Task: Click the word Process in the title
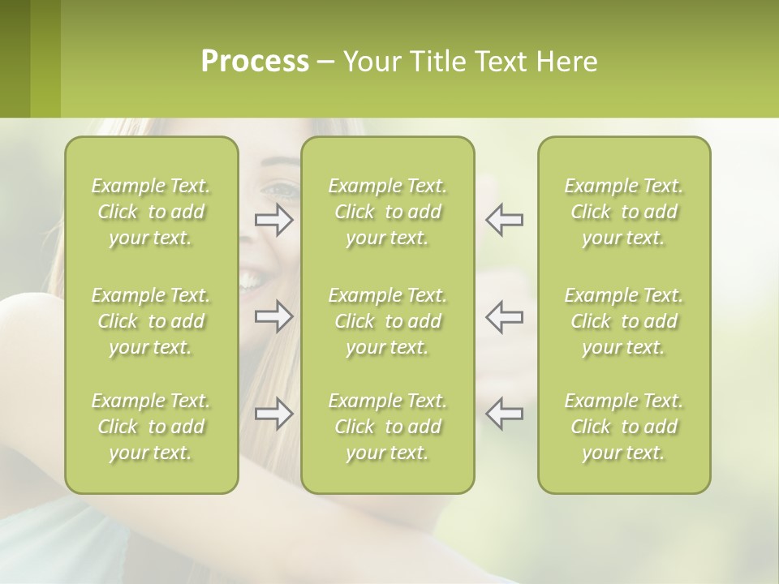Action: [255, 62]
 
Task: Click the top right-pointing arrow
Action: [274, 220]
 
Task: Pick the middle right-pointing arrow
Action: [274, 316]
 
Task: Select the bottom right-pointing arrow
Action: [274, 414]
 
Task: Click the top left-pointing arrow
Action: [504, 220]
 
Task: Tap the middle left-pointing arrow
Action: [504, 316]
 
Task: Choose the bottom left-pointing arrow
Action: [504, 414]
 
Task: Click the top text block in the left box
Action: [151, 212]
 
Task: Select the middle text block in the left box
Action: [151, 321]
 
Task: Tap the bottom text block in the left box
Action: [151, 427]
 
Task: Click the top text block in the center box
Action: [387, 212]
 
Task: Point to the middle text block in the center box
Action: [387, 321]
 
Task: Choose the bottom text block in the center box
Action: [387, 427]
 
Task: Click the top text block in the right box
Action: [623, 212]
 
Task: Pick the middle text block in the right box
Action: [623, 321]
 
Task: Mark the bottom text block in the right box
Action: [623, 427]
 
